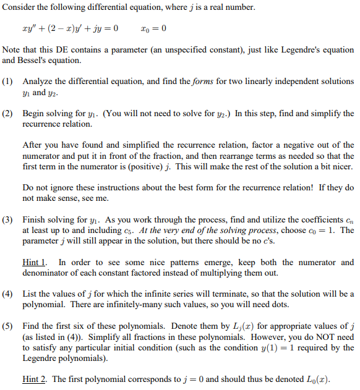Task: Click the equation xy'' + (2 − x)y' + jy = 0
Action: tap(69, 28)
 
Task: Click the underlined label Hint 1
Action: tap(35, 262)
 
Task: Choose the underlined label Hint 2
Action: tap(35, 379)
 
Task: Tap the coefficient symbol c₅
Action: tap(139, 231)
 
